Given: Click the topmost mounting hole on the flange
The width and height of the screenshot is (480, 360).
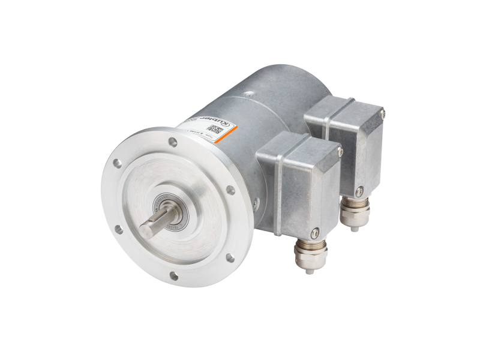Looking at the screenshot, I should click(173, 143).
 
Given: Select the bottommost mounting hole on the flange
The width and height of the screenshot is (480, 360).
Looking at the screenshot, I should click(173, 275).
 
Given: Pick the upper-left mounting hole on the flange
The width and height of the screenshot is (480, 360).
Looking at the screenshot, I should click(118, 163).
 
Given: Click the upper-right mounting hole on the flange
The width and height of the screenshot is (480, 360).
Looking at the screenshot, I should click(230, 190).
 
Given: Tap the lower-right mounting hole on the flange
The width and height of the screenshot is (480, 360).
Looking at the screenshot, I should click(229, 257).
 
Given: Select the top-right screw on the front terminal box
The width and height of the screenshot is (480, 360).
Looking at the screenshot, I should click(340, 153).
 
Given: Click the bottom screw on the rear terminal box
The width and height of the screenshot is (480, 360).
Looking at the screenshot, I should click(359, 192).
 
